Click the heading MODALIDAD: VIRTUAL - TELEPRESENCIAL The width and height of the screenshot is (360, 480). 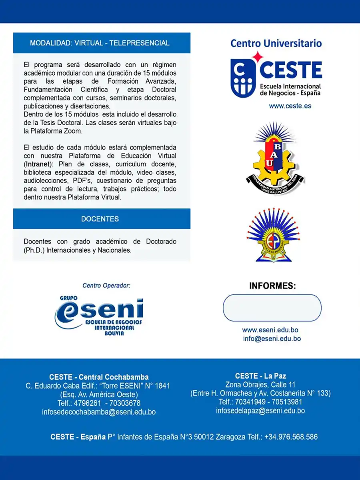(100, 43)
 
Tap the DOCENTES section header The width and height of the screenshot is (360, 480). (100, 219)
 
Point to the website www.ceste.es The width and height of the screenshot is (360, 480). (290, 106)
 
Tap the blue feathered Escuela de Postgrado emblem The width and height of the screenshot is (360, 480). (274, 236)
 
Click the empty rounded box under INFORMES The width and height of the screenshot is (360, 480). (272, 308)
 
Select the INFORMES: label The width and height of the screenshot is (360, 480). (272, 286)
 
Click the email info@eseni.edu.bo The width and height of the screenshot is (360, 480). (272, 338)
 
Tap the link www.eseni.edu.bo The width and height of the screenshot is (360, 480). (270, 330)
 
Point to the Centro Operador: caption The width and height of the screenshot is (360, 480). (106, 286)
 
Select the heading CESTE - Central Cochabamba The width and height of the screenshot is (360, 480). (99, 377)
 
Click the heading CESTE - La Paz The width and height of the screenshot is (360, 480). (260, 376)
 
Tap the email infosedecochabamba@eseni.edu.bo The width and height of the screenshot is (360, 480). (99, 412)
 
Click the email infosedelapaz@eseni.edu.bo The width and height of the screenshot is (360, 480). (260, 411)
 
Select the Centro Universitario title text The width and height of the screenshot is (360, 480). (276, 43)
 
